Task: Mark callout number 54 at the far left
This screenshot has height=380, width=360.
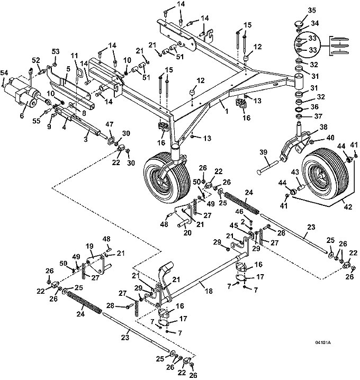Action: tap(4, 72)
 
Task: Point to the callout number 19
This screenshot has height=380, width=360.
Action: tap(90, 246)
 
